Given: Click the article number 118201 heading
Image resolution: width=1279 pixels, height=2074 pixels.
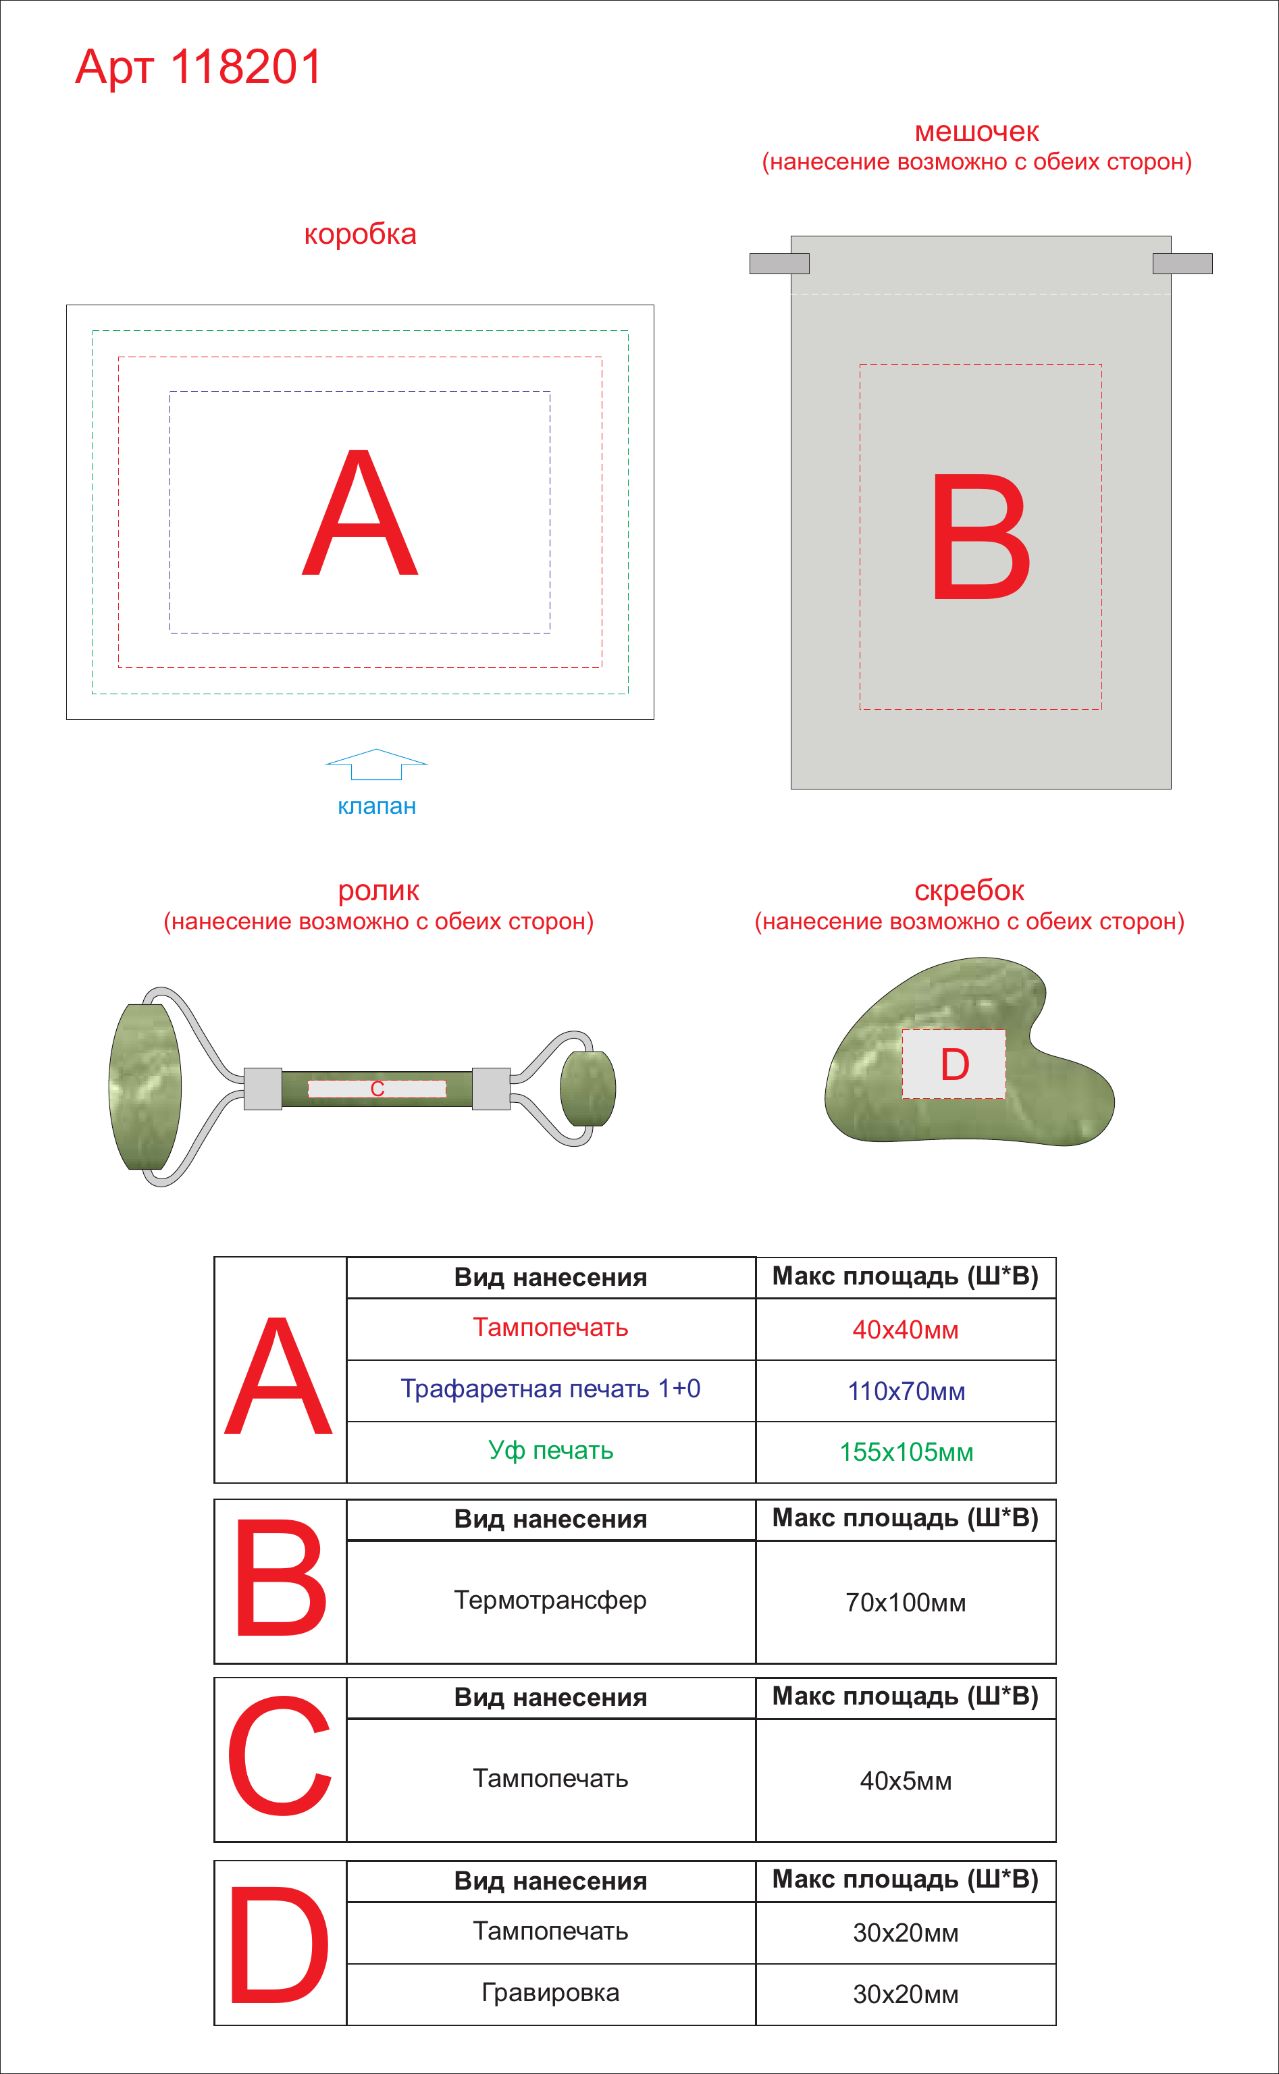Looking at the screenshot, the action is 199,67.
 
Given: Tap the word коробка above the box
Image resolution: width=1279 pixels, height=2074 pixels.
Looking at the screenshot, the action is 361,234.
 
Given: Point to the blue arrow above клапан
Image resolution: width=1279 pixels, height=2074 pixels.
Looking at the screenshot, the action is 376,764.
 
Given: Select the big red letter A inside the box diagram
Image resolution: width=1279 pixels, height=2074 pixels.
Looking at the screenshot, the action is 361,513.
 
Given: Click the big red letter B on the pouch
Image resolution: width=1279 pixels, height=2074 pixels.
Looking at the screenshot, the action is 981,536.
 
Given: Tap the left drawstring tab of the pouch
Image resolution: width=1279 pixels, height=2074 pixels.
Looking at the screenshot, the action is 779,264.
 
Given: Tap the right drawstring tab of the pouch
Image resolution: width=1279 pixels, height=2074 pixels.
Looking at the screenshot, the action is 1182,264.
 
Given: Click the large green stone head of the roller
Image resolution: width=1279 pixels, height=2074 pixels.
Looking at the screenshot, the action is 145,1087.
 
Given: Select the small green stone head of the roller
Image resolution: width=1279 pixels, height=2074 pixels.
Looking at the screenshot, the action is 588,1089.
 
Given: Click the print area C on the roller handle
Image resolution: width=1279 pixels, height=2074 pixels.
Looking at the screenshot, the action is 377,1089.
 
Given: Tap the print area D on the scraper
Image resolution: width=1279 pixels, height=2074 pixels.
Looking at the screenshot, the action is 954,1064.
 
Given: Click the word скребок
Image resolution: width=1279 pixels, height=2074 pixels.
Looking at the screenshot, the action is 970,891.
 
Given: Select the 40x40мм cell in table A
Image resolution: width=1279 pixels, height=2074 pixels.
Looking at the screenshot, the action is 906,1330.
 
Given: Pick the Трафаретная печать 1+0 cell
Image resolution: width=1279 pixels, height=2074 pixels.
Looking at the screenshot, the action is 550,1390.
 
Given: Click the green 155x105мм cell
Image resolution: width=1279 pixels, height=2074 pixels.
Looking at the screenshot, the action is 906,1452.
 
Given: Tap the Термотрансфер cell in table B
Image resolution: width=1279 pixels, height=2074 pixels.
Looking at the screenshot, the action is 550,1601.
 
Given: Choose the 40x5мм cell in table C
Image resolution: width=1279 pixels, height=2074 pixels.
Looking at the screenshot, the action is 906,1780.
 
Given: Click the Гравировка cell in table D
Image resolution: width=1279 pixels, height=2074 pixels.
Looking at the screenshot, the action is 550,1994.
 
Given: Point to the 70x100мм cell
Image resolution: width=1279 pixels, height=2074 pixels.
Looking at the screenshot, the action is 906,1602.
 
